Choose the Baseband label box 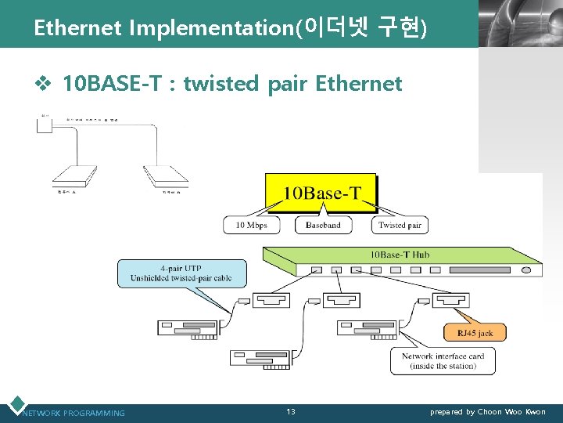(x=323, y=225)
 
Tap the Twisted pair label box (x=400, y=225)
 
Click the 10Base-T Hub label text (x=400, y=255)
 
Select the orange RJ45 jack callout (x=474, y=332)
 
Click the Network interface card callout (x=443, y=361)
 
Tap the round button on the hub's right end (x=526, y=269)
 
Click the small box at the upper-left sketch (x=44, y=122)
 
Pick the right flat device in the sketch (x=165, y=176)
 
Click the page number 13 (x=290, y=412)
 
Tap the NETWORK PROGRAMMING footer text (x=74, y=413)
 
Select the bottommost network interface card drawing (x=260, y=358)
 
